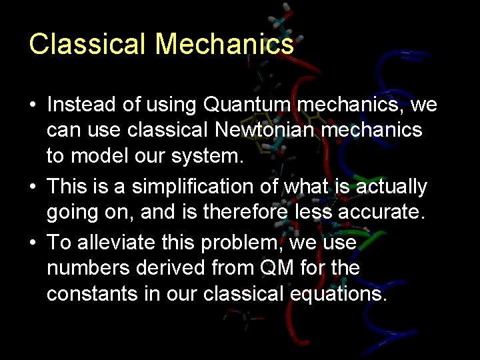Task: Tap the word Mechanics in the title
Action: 225,44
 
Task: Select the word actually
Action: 391,187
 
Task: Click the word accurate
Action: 387,212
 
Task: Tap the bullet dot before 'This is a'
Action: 33,187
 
